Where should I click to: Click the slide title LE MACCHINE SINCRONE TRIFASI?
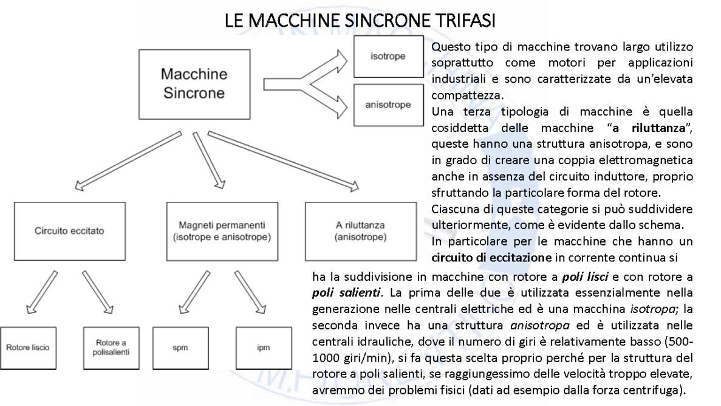pyautogui.click(x=360, y=22)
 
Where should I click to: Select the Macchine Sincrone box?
pyautogui.click(x=194, y=84)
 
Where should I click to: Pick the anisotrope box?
pyautogui.click(x=388, y=105)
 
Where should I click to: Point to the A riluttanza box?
pyautogui.click(x=360, y=231)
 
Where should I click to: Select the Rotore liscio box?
pyautogui.click(x=28, y=349)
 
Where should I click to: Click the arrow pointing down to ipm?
pyautogui.click(x=252, y=291)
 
